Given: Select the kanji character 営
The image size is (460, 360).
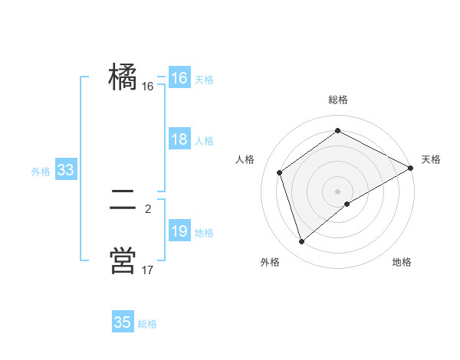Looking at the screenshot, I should pyautogui.click(x=123, y=260).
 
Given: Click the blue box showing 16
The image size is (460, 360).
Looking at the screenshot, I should pyautogui.click(x=179, y=78).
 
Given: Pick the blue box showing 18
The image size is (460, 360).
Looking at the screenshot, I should pyautogui.click(x=179, y=139).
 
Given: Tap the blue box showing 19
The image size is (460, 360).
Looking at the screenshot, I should pyautogui.click(x=179, y=231).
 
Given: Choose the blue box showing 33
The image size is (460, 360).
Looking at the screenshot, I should pyautogui.click(x=65, y=170).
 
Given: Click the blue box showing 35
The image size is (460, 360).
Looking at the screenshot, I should pyautogui.click(x=123, y=322).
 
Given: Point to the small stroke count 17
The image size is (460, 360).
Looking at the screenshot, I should pyautogui.click(x=148, y=270).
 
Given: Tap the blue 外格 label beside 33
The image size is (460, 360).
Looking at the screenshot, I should pyautogui.click(x=41, y=172).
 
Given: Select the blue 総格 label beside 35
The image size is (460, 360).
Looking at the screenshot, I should pyautogui.click(x=147, y=324).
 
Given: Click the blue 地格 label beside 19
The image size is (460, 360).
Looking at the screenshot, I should pyautogui.click(x=204, y=233).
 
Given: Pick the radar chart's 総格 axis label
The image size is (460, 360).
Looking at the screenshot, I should pyautogui.click(x=338, y=100).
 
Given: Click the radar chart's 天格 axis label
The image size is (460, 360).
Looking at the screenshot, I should pyautogui.click(x=431, y=159).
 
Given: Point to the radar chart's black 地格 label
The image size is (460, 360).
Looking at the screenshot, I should pyautogui.click(x=402, y=263).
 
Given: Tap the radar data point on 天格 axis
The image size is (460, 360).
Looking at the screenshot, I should pyautogui.click(x=411, y=168).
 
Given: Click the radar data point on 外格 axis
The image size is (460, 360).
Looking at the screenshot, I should pyautogui.click(x=302, y=242).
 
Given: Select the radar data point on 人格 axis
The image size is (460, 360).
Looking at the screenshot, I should pyautogui.click(x=280, y=172).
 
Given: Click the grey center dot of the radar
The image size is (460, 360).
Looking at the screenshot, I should pyautogui.click(x=338, y=191).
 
